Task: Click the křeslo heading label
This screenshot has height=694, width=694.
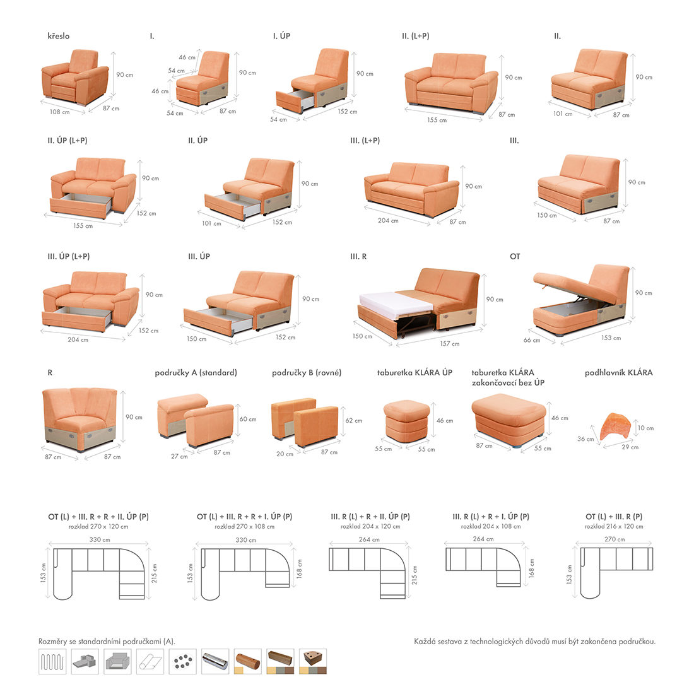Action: coord(59,36)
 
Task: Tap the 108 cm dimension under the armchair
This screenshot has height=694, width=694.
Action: coord(59,112)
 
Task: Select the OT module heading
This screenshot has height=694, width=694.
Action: coord(515,256)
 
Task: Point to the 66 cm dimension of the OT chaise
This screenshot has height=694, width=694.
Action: coord(532,340)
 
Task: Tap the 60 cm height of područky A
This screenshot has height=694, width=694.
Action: coord(248,419)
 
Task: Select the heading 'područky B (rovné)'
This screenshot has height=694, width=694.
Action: coord(307,373)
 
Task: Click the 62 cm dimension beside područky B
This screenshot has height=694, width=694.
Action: coord(354,420)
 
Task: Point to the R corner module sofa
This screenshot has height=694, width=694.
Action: coord(79,419)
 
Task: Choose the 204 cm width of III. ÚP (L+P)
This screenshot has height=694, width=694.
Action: coord(78,339)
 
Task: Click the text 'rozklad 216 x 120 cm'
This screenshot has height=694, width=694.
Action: coord(614,526)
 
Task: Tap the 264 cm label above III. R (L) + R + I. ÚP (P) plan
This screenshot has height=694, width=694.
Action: coord(483,539)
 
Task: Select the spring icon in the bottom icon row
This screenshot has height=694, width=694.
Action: coord(52,662)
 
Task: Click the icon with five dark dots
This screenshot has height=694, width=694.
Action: coord(183,662)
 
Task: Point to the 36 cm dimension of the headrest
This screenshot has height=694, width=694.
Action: coord(585,438)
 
